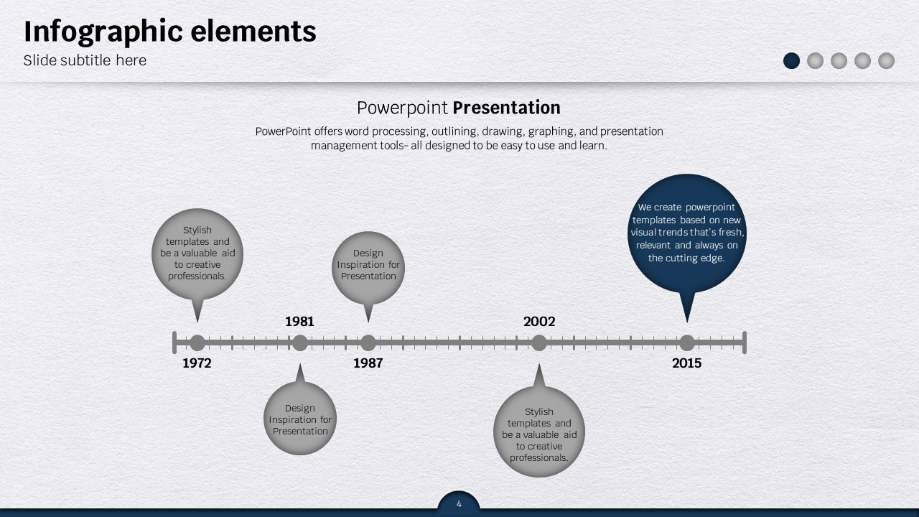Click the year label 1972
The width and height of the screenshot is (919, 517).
[197, 363]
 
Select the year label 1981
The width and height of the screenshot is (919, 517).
[299, 321]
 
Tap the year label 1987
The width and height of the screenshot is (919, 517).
[368, 363]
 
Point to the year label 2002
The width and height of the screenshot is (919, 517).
[539, 321]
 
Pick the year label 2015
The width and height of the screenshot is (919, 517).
[687, 363]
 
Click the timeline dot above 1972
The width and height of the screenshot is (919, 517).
[197, 343]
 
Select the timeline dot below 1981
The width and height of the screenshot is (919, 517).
[300, 343]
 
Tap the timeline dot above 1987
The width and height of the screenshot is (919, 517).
[368, 343]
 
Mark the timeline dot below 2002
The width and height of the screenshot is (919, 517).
[539, 343]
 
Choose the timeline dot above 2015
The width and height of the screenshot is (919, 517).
[687, 343]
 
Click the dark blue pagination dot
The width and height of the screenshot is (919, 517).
[791, 61]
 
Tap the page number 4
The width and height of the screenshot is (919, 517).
[459, 504]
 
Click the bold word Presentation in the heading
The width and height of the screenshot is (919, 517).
[506, 108]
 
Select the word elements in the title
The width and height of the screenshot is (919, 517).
[253, 31]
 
